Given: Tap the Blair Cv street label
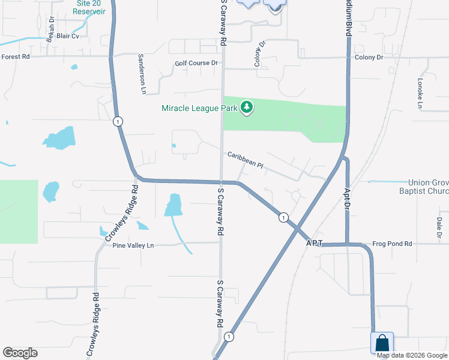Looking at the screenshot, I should click(x=68, y=36).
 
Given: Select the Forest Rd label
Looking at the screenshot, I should click(x=16, y=57).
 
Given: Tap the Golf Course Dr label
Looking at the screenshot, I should click(x=196, y=63).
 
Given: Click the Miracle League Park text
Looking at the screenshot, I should click(x=199, y=108).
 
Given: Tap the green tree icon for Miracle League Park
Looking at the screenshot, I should click(x=246, y=108).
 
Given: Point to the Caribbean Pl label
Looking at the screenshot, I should click(x=245, y=159).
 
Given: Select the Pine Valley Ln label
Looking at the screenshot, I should click(x=133, y=245).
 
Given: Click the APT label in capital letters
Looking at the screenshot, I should click(x=315, y=244).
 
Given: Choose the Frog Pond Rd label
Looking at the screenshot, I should click(x=392, y=244).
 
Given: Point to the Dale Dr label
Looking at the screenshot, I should click(x=439, y=227).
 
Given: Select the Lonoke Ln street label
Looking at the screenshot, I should click(x=421, y=92).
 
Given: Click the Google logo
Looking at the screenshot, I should click(x=20, y=353).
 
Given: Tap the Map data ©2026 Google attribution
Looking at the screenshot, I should click(x=412, y=355).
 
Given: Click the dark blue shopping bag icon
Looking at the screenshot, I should click(x=382, y=343).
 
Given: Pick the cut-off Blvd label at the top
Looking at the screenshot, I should click(x=348, y=19).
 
